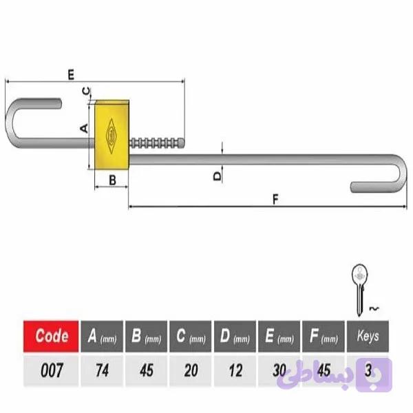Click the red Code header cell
tap(51, 336)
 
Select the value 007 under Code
tap(52, 370)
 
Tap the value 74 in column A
tap(102, 370)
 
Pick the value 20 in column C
tap(191, 370)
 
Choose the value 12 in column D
tap(235, 370)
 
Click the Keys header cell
tap(368, 336)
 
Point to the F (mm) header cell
tap(324, 336)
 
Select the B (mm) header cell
tap(146, 336)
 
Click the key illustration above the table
tap(359, 290)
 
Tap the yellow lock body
tap(112, 135)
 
